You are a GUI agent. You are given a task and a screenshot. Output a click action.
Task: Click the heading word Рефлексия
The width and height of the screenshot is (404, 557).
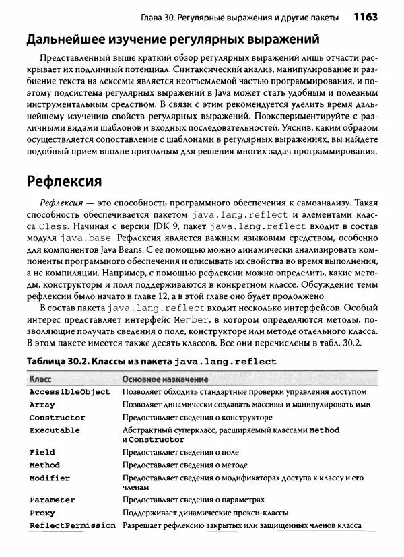pos(64,181)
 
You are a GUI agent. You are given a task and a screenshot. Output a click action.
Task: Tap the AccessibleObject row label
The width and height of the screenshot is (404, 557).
pos(69,391)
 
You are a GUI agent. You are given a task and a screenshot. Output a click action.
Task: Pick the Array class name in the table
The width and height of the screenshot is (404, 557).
pos(42,405)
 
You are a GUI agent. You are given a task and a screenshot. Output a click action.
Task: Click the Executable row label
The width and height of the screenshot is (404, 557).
pos(55,430)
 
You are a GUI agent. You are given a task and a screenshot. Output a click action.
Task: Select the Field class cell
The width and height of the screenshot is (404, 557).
pos(42,452)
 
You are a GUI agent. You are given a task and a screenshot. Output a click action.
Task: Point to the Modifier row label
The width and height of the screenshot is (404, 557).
pos(50,478)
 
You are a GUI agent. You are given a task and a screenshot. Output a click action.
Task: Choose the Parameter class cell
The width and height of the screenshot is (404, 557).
pos(53,500)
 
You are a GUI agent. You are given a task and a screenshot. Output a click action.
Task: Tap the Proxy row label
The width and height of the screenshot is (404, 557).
pos(42,513)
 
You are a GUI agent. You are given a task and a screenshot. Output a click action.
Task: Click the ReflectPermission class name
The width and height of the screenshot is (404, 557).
pos(73,525)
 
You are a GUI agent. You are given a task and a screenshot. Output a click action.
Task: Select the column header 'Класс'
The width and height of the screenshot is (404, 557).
pos(41,379)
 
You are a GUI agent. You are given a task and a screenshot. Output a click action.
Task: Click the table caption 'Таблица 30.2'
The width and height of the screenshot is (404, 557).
pos(57,362)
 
